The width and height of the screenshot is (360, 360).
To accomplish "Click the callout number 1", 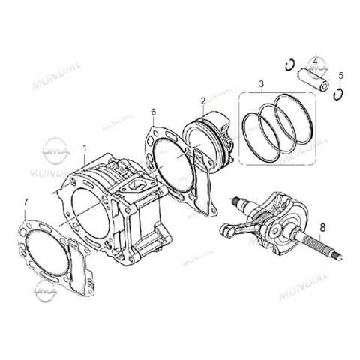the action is [85, 148].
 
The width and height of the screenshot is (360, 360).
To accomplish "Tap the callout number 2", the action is [203, 101].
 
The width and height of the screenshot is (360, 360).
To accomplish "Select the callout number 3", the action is [262, 84].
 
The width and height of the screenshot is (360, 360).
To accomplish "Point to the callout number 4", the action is [315, 61].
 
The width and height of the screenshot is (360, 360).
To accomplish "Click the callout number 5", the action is [341, 76].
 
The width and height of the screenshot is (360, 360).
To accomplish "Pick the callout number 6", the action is [154, 112].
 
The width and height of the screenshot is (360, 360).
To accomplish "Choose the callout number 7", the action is [25, 202].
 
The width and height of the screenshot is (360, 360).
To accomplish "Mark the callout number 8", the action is [323, 227].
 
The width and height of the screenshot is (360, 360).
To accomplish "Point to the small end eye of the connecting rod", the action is [226, 230].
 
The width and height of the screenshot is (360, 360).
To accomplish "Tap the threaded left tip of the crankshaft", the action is [235, 201].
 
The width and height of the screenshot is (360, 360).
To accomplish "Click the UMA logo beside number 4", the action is [316, 67].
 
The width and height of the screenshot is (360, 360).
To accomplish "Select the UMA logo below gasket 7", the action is [45, 291].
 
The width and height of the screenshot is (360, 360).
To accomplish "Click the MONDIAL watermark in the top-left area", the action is [57, 76].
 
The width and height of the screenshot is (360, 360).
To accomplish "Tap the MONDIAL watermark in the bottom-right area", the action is [304, 286].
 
